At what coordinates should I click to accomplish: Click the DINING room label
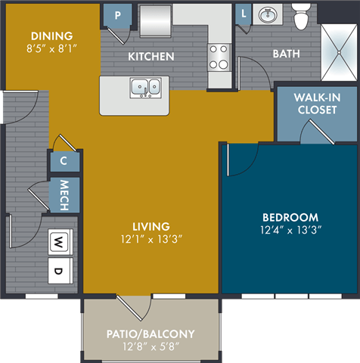click(52, 36)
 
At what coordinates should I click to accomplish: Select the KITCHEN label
click(151, 57)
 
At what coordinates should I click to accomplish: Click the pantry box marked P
click(116, 14)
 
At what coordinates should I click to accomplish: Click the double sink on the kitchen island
click(145, 88)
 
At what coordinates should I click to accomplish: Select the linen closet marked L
click(244, 13)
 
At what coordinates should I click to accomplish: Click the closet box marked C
click(64, 161)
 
